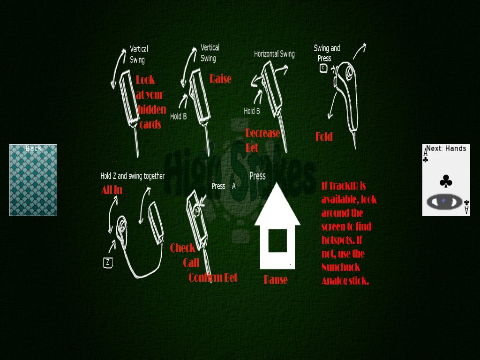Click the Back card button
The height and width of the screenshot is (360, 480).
(x=33, y=180)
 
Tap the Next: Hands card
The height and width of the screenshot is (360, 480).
(x=446, y=180)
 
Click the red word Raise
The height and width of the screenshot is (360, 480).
(x=220, y=79)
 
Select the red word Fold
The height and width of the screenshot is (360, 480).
(x=324, y=136)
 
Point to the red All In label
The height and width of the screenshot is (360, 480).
(x=112, y=190)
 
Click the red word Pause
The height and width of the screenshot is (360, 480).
(x=276, y=279)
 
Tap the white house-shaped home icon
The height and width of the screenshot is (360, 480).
(x=277, y=226)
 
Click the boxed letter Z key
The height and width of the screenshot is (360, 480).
(x=108, y=262)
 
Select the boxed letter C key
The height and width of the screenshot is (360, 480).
(x=323, y=68)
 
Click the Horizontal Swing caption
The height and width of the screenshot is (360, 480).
(x=274, y=54)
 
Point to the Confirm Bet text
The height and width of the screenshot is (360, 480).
(x=213, y=277)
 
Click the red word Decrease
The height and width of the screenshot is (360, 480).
(x=262, y=133)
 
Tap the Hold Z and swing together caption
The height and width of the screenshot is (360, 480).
(x=133, y=176)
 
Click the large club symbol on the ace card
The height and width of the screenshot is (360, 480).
(x=446, y=181)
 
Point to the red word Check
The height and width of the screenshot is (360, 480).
(x=182, y=248)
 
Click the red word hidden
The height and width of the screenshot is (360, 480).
(x=152, y=109)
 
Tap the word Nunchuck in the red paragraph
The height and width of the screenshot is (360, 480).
(x=341, y=267)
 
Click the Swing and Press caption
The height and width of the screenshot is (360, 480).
(x=327, y=53)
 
